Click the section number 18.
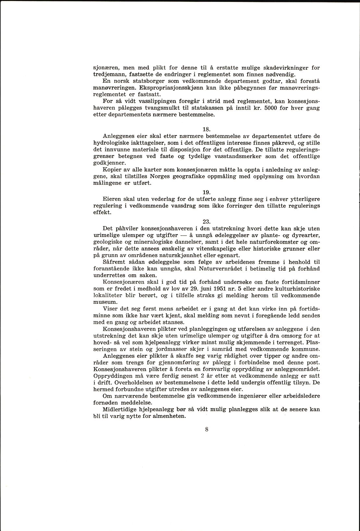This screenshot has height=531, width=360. [206, 129]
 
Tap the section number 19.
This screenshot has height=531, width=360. [206, 192]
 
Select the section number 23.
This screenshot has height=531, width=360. [206, 222]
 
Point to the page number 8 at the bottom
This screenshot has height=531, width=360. [206, 429]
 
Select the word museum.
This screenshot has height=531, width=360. [104, 302]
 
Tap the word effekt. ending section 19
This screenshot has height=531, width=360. [102, 212]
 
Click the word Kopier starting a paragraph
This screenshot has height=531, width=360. [111, 170]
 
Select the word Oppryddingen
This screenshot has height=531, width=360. [114, 376]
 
